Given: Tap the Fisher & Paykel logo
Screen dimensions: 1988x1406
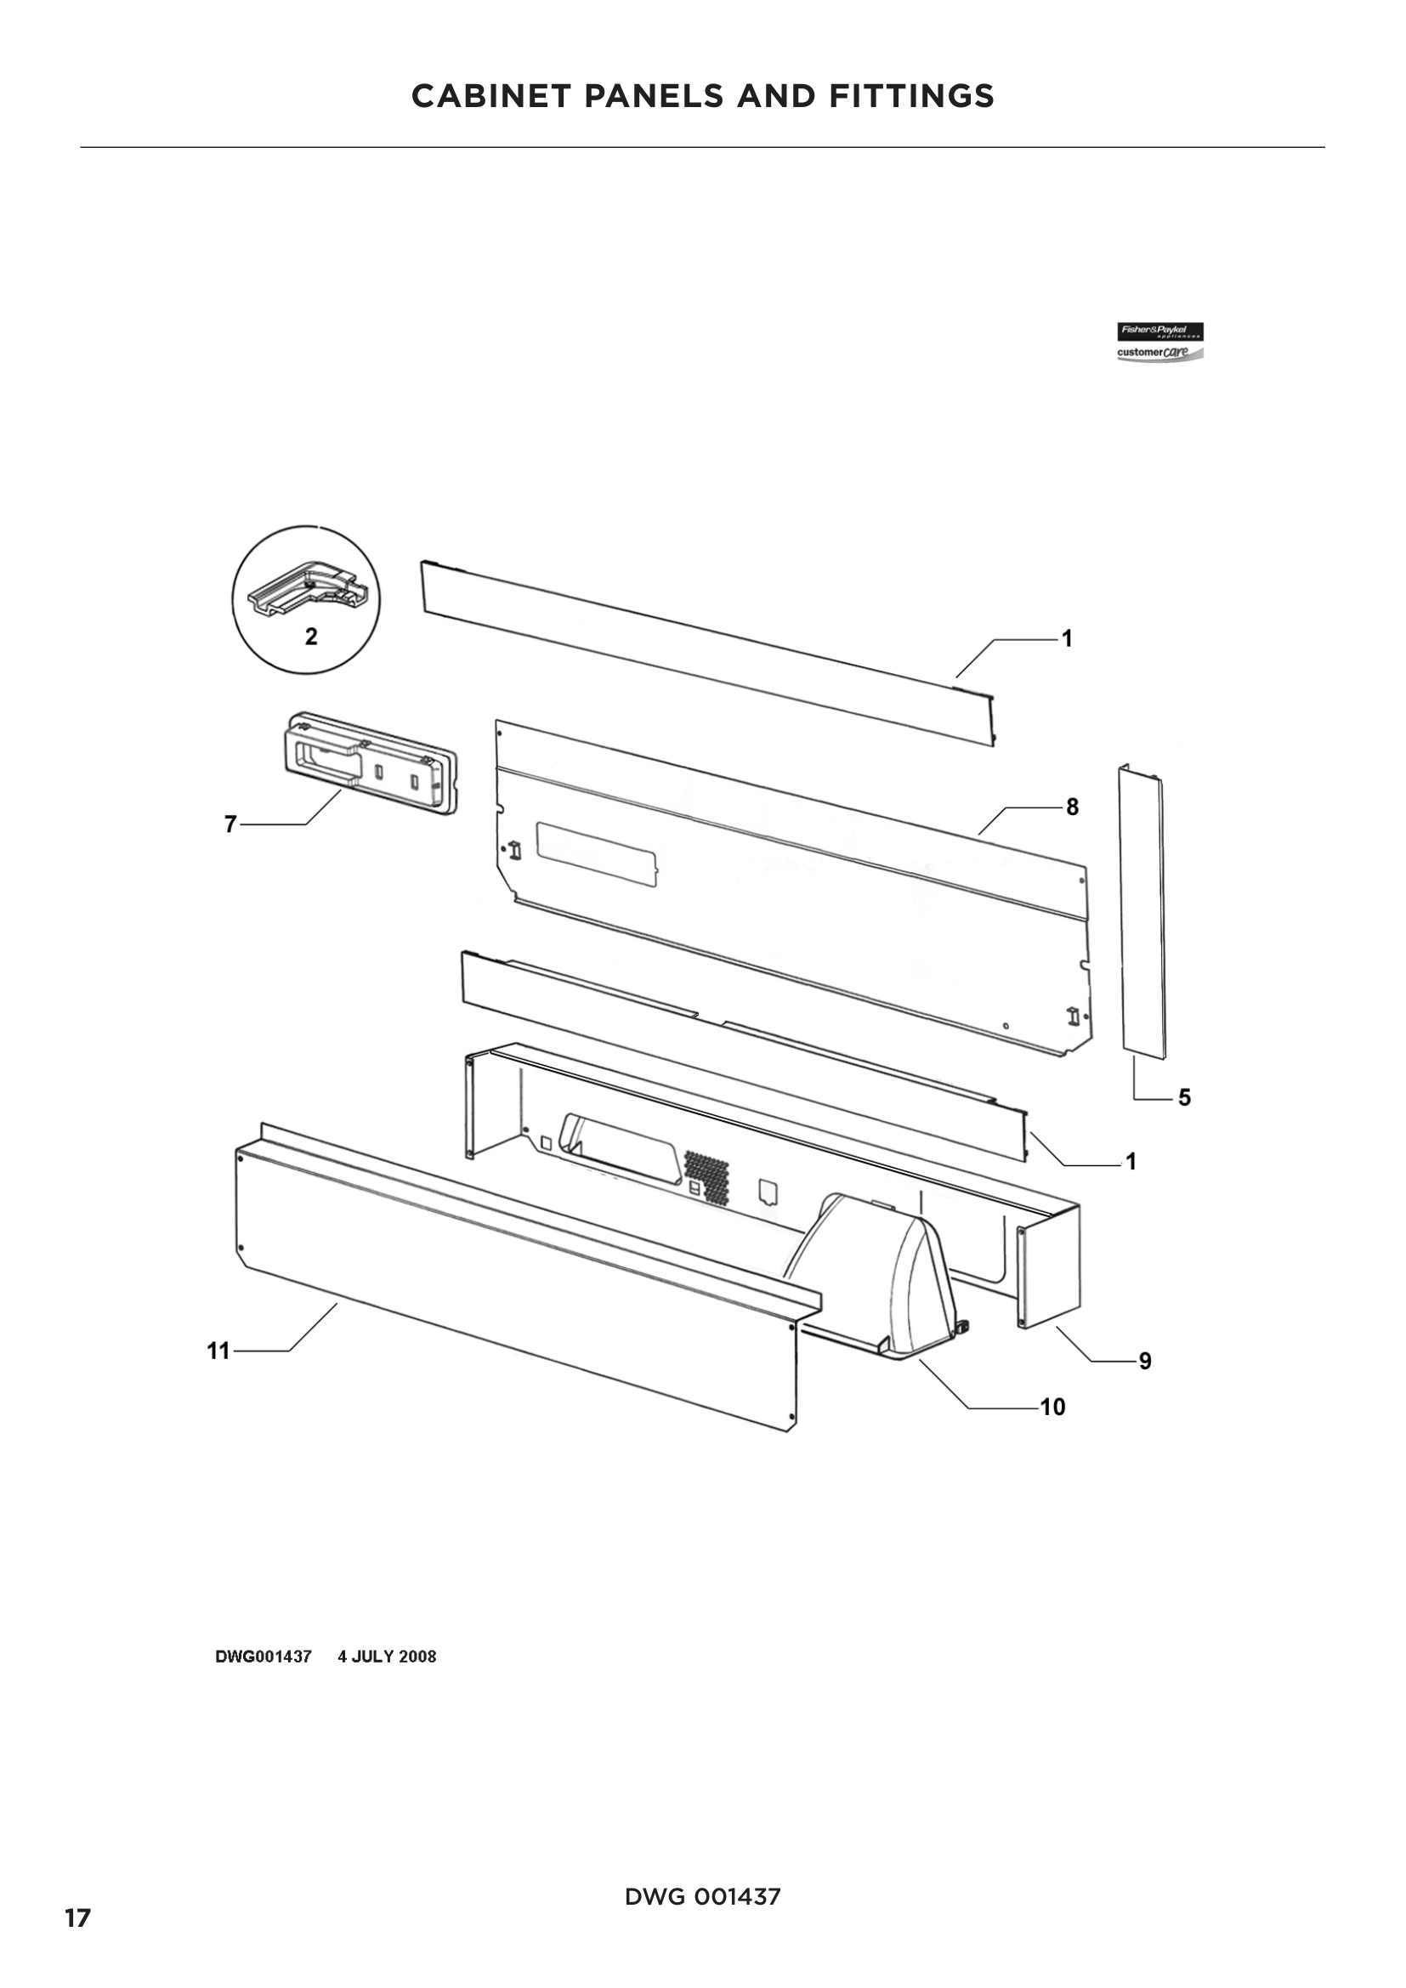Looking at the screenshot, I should (x=1159, y=332).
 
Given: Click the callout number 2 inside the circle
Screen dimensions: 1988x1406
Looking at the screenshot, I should (x=311, y=637).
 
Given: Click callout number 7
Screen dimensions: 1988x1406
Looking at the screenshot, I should (x=230, y=824).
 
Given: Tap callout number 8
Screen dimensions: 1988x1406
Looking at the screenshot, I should (x=1072, y=807).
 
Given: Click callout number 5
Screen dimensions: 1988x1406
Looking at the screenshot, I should (x=1184, y=1098).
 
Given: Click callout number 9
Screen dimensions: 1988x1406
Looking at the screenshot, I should (x=1144, y=1361).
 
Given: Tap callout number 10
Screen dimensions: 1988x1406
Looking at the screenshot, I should (x=1052, y=1407).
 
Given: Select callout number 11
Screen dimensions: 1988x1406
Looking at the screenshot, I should (x=218, y=1351).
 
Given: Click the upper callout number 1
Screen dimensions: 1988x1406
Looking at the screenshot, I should (x=1067, y=639).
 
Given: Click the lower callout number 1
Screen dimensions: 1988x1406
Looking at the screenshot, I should (x=1130, y=1162).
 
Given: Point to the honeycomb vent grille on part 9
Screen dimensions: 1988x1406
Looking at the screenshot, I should (x=706, y=1177).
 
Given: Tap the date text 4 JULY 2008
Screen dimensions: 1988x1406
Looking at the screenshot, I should (x=386, y=1657).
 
